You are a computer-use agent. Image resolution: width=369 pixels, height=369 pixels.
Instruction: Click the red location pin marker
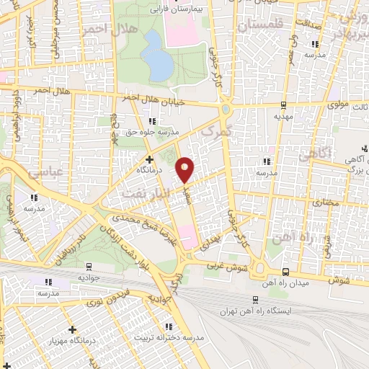tap(185, 169)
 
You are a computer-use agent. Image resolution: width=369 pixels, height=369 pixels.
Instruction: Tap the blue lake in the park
tap(158, 57)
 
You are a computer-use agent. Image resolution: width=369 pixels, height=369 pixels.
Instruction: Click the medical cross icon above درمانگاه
tap(150, 159)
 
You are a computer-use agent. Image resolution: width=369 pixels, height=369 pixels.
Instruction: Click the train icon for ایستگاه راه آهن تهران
tap(254, 298)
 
